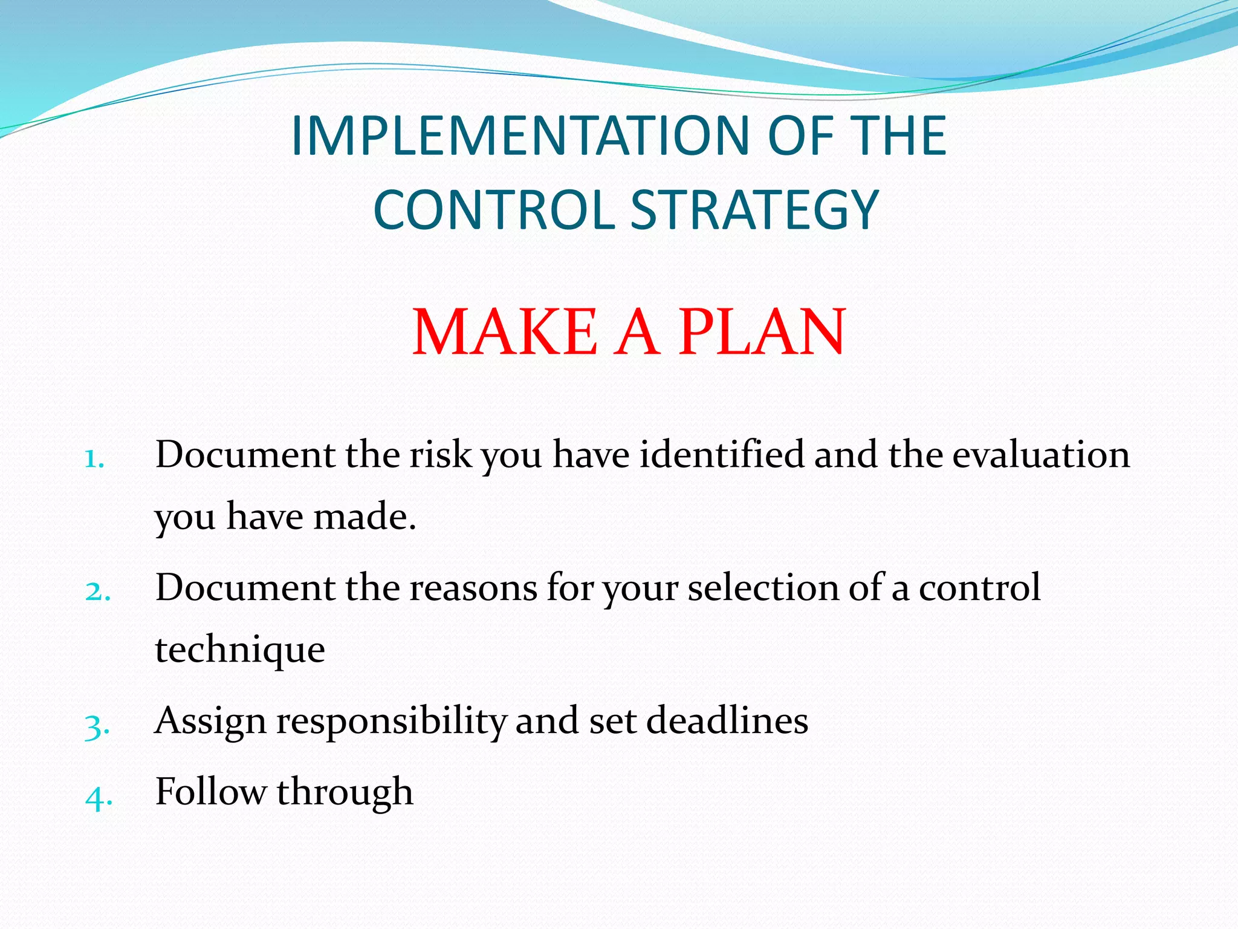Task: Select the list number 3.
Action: pyautogui.click(x=97, y=725)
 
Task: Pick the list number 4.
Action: pyautogui.click(x=99, y=797)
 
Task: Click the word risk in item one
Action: pyautogui.click(x=440, y=454)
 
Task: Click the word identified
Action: pyautogui.click(x=722, y=454)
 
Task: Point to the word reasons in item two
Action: pyautogui.click(x=473, y=588)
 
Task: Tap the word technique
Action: pyautogui.click(x=240, y=651)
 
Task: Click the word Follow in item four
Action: pyautogui.click(x=210, y=792)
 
